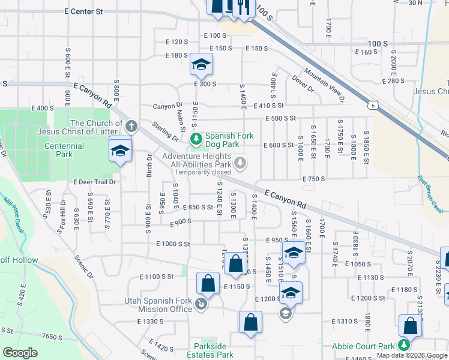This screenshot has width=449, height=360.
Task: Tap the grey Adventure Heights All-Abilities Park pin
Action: click(240, 162)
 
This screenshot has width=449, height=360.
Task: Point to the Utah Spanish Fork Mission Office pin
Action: click(201, 305)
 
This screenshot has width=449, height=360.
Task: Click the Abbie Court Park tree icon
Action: click(404, 345)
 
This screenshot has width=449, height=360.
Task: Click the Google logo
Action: click(20, 353)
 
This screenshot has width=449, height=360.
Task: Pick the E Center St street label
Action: click(83, 11)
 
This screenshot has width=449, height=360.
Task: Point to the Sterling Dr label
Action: click(165, 132)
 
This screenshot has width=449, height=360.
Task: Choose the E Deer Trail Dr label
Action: click(94, 182)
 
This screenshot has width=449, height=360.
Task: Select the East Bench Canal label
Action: click(430, 194)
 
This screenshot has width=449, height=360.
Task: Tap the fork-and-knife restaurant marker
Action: click(241, 8)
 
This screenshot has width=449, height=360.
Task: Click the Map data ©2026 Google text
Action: click(412, 355)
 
